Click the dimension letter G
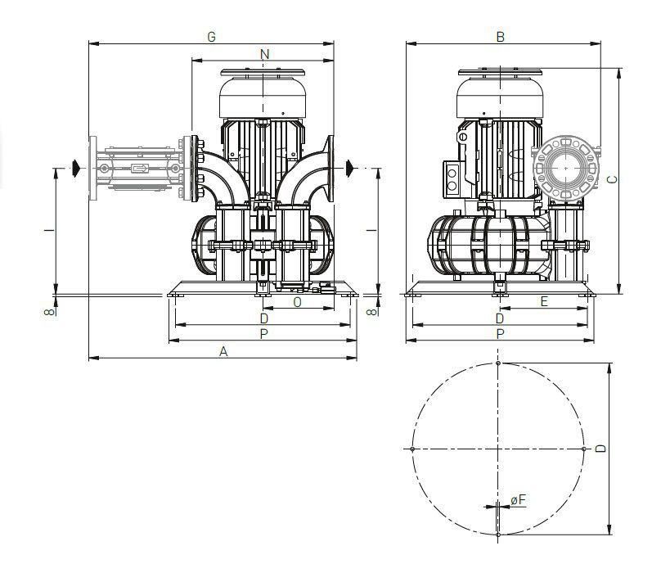click(x=211, y=37)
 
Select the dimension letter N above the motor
click(x=263, y=54)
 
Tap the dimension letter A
click(x=223, y=351)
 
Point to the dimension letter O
click(x=296, y=301)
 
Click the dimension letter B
click(x=501, y=37)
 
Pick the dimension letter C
click(x=613, y=179)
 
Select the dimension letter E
click(x=544, y=301)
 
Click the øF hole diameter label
click(x=517, y=499)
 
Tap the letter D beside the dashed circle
click(x=601, y=449)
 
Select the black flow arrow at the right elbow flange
click(x=349, y=168)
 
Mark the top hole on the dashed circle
click(x=498, y=363)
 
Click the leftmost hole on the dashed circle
click(x=412, y=449)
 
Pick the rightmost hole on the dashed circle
click(x=584, y=449)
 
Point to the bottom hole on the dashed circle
click(x=498, y=535)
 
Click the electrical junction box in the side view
click(x=452, y=178)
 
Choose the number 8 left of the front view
click(x=50, y=311)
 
